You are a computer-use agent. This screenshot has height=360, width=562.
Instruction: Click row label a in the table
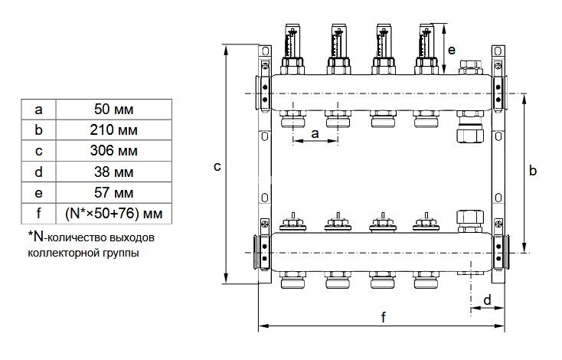(38, 109)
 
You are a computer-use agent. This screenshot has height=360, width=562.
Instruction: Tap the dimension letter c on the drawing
(217, 165)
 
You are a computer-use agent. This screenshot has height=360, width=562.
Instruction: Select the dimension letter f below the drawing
(383, 316)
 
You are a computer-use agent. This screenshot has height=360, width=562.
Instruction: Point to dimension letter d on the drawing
(488, 299)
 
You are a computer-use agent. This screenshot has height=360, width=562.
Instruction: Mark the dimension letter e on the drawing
(452, 50)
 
